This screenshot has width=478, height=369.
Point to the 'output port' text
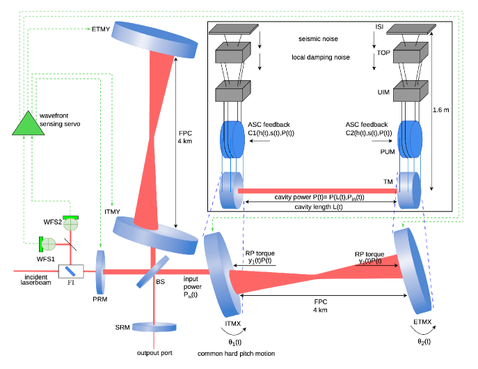pos(154,353)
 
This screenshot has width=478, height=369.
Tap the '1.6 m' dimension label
pos(442,109)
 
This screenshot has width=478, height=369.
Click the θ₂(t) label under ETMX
pos(424,342)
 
